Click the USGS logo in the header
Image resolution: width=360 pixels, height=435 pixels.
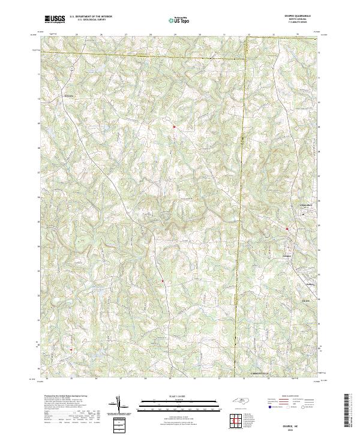click(55, 20)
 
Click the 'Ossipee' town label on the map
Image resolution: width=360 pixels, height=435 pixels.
click(286, 256)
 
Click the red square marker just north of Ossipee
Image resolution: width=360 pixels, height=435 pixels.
click(287, 229)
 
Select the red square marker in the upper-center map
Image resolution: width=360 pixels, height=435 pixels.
click(174, 127)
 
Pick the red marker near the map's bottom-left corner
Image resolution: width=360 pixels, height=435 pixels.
click(71, 350)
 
